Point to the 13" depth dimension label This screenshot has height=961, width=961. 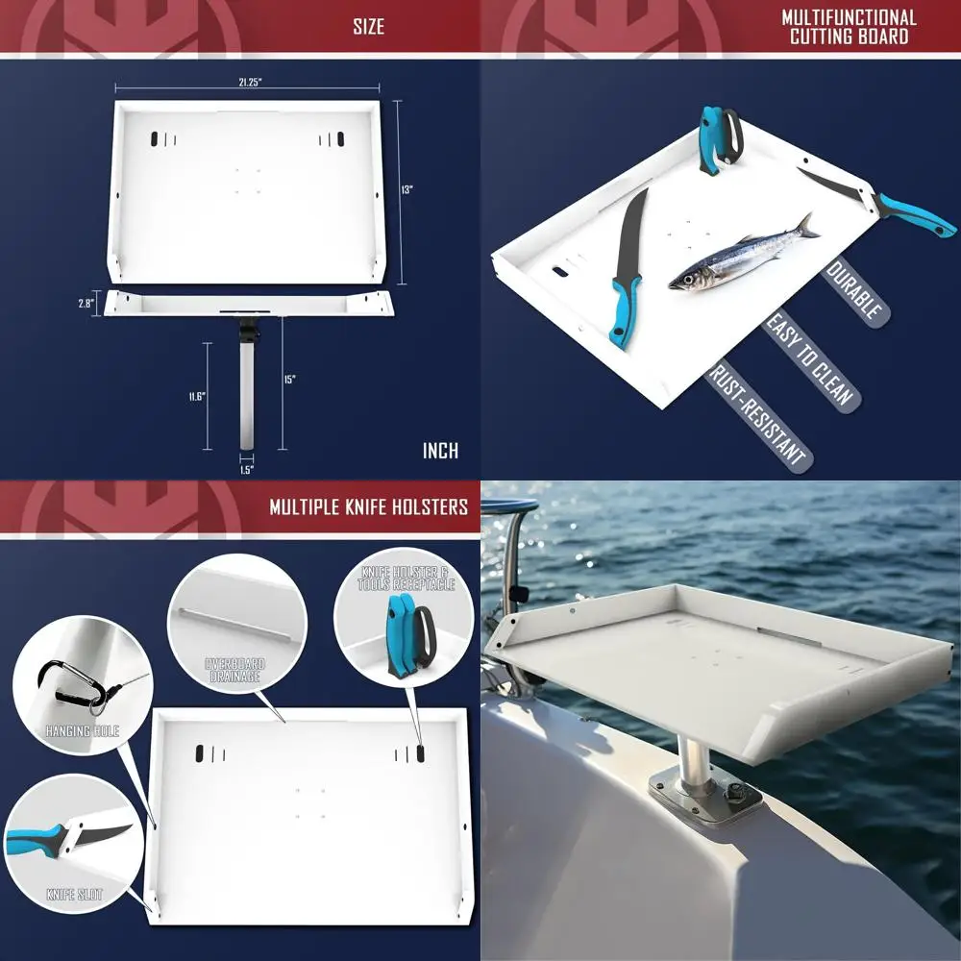(407, 190)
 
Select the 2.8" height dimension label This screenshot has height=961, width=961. (86, 303)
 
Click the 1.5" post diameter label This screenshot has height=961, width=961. (246, 469)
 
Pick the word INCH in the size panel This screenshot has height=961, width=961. (440, 451)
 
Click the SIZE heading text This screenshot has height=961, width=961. (368, 27)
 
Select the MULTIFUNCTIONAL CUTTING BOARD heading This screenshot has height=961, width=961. (849, 27)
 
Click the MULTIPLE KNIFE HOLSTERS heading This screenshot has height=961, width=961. (368, 506)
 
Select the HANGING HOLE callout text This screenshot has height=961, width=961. (82, 730)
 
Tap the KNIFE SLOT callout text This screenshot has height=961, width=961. (75, 895)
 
